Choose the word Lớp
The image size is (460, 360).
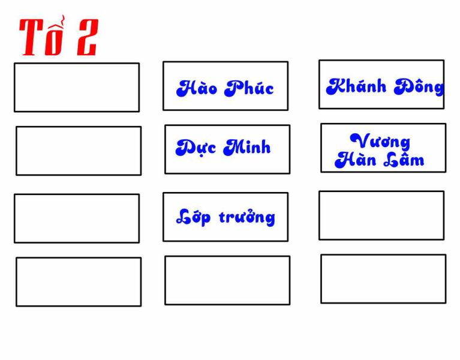tap(193, 217)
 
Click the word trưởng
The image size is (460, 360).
tap(246, 217)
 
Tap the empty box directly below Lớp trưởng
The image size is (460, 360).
tap(227, 280)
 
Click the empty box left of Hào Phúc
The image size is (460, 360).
tap(77, 88)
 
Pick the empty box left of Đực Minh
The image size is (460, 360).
tap(79, 151)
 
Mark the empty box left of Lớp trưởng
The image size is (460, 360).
tap(77, 218)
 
